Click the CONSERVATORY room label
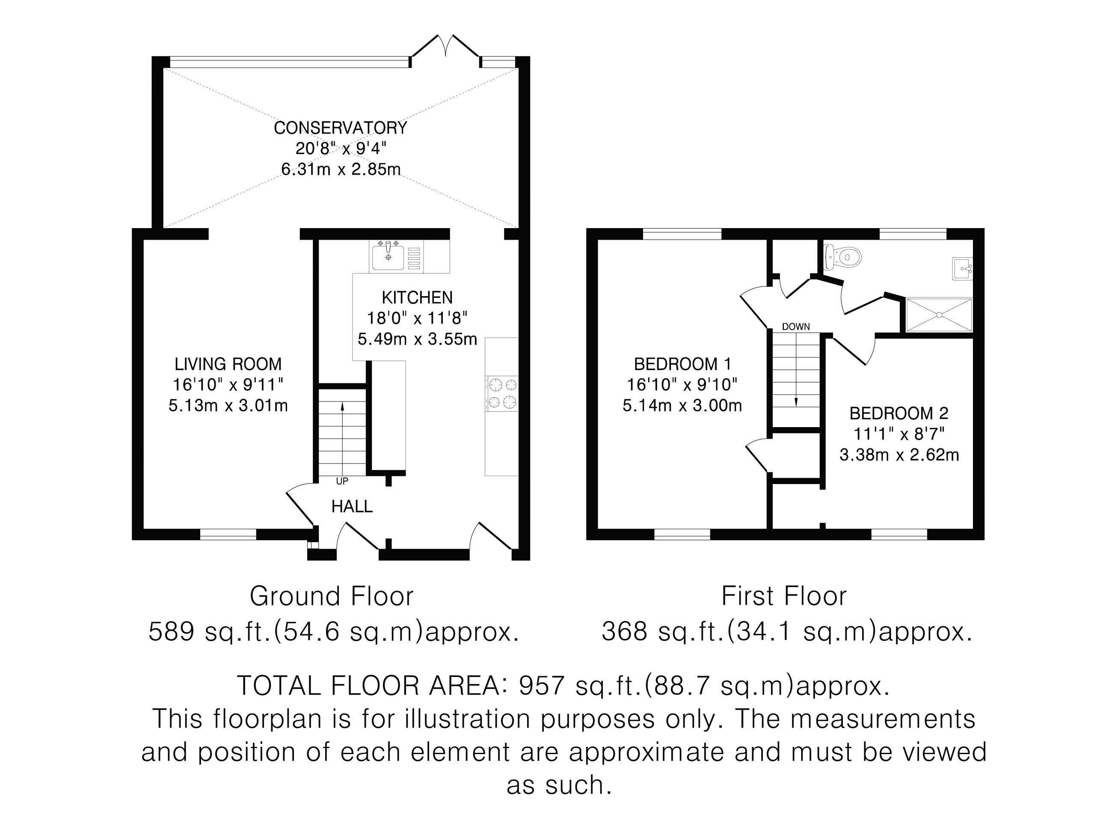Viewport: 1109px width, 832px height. [341, 128]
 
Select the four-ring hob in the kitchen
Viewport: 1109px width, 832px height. [502, 393]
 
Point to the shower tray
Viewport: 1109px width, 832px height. [939, 315]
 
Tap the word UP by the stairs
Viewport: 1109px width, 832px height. [342, 481]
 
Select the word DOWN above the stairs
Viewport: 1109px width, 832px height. [796, 327]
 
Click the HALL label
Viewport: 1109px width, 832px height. [352, 507]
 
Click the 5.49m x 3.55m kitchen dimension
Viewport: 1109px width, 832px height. [417, 339]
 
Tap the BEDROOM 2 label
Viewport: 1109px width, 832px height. [899, 413]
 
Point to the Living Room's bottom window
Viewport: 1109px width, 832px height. [228, 534]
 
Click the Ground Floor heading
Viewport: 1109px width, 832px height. [332, 596]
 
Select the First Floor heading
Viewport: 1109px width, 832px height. [784, 596]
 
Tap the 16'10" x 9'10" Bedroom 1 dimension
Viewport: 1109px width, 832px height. [682, 385]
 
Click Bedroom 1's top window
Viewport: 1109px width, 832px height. [682, 234]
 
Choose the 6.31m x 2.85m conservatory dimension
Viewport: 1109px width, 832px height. [341, 169]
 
